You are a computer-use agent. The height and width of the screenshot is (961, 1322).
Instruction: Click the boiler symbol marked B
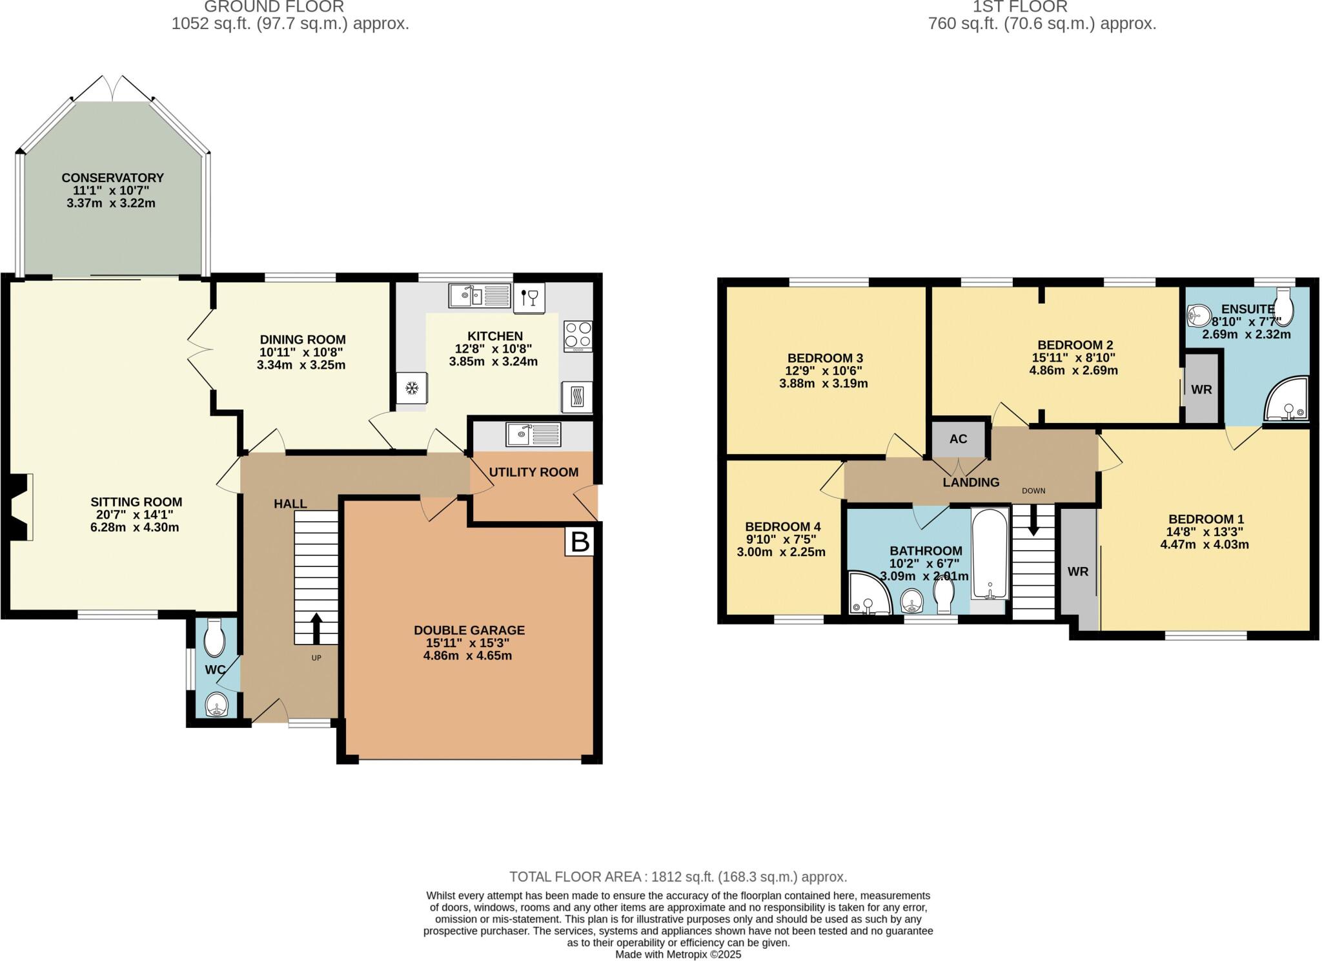click(x=580, y=541)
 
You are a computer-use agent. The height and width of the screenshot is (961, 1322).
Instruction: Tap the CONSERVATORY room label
click(x=113, y=178)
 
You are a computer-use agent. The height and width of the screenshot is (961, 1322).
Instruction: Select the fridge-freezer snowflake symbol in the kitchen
click(x=411, y=389)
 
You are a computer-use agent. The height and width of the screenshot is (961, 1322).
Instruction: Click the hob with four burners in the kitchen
click(x=578, y=336)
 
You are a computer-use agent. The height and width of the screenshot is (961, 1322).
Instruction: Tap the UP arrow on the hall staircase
click(x=316, y=628)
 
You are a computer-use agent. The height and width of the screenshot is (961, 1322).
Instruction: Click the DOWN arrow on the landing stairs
click(x=1033, y=520)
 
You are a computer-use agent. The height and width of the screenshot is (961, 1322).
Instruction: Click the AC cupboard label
click(x=959, y=439)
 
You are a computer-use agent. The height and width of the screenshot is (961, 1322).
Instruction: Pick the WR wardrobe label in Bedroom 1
click(x=1079, y=572)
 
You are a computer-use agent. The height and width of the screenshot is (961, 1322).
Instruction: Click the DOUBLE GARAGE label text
click(x=469, y=630)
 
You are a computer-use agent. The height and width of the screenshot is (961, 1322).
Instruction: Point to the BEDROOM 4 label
click(x=783, y=527)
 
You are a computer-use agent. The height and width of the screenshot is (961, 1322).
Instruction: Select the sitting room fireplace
click(x=21, y=507)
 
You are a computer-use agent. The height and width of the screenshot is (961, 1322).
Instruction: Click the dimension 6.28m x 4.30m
click(x=135, y=527)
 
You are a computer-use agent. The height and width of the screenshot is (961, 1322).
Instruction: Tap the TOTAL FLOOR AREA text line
click(x=678, y=877)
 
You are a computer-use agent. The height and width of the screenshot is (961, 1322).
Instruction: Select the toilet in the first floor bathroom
click(x=944, y=595)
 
